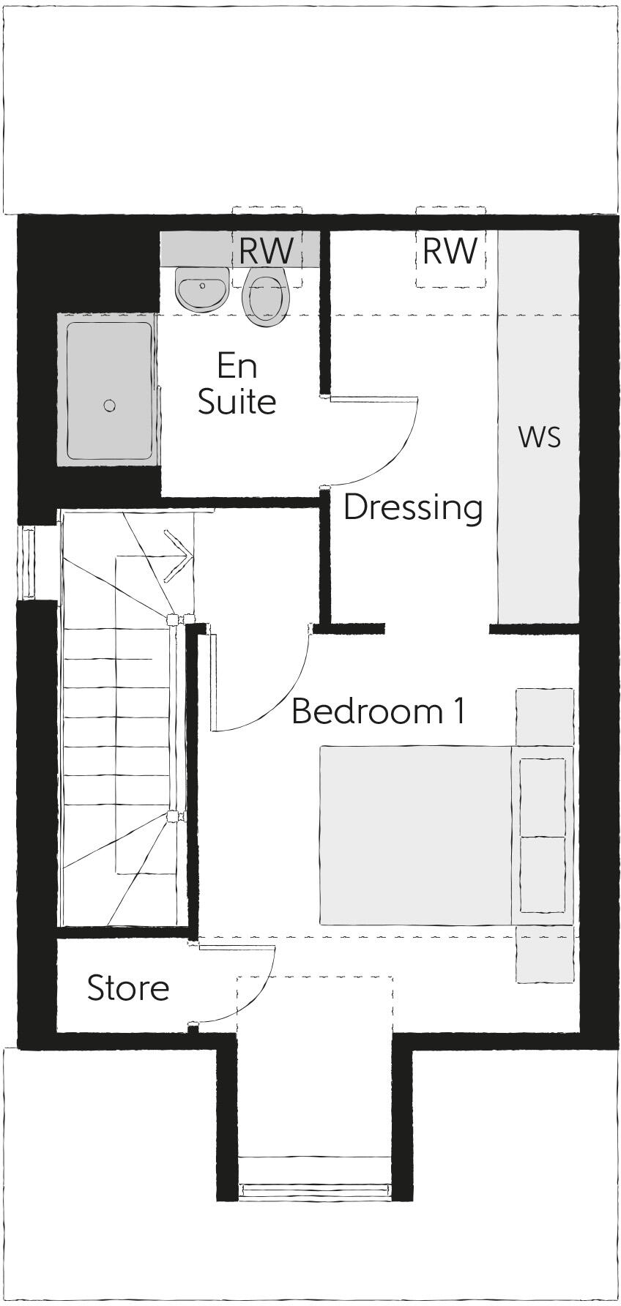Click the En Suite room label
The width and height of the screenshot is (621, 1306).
(237, 384)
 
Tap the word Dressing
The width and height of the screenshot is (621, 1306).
(413, 507)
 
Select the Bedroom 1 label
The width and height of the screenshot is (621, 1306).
(378, 711)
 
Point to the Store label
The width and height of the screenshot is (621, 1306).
(128, 988)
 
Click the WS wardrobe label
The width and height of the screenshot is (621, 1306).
(540, 436)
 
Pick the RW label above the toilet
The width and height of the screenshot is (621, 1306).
(266, 251)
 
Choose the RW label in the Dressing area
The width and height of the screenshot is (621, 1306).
(450, 251)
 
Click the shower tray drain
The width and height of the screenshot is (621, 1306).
(110, 405)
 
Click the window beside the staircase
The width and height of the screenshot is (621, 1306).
(29, 561)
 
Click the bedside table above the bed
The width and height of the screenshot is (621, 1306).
(545, 717)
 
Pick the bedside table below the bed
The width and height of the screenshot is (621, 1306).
(545, 953)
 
